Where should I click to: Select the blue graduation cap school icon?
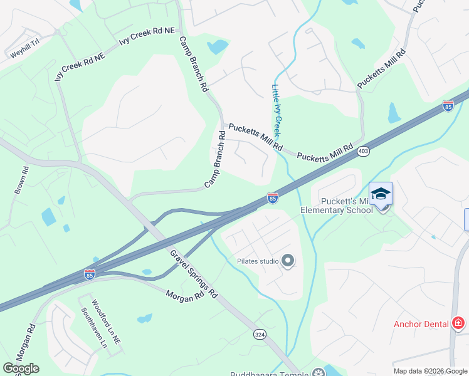(381, 194)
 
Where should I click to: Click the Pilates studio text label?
(257, 261)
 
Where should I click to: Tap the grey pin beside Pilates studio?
(288, 261)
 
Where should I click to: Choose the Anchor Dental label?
(421, 324)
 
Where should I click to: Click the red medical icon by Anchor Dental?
(458, 323)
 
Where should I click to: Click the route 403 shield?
(363, 151)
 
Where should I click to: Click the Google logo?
(21, 368)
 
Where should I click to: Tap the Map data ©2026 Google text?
(430, 371)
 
